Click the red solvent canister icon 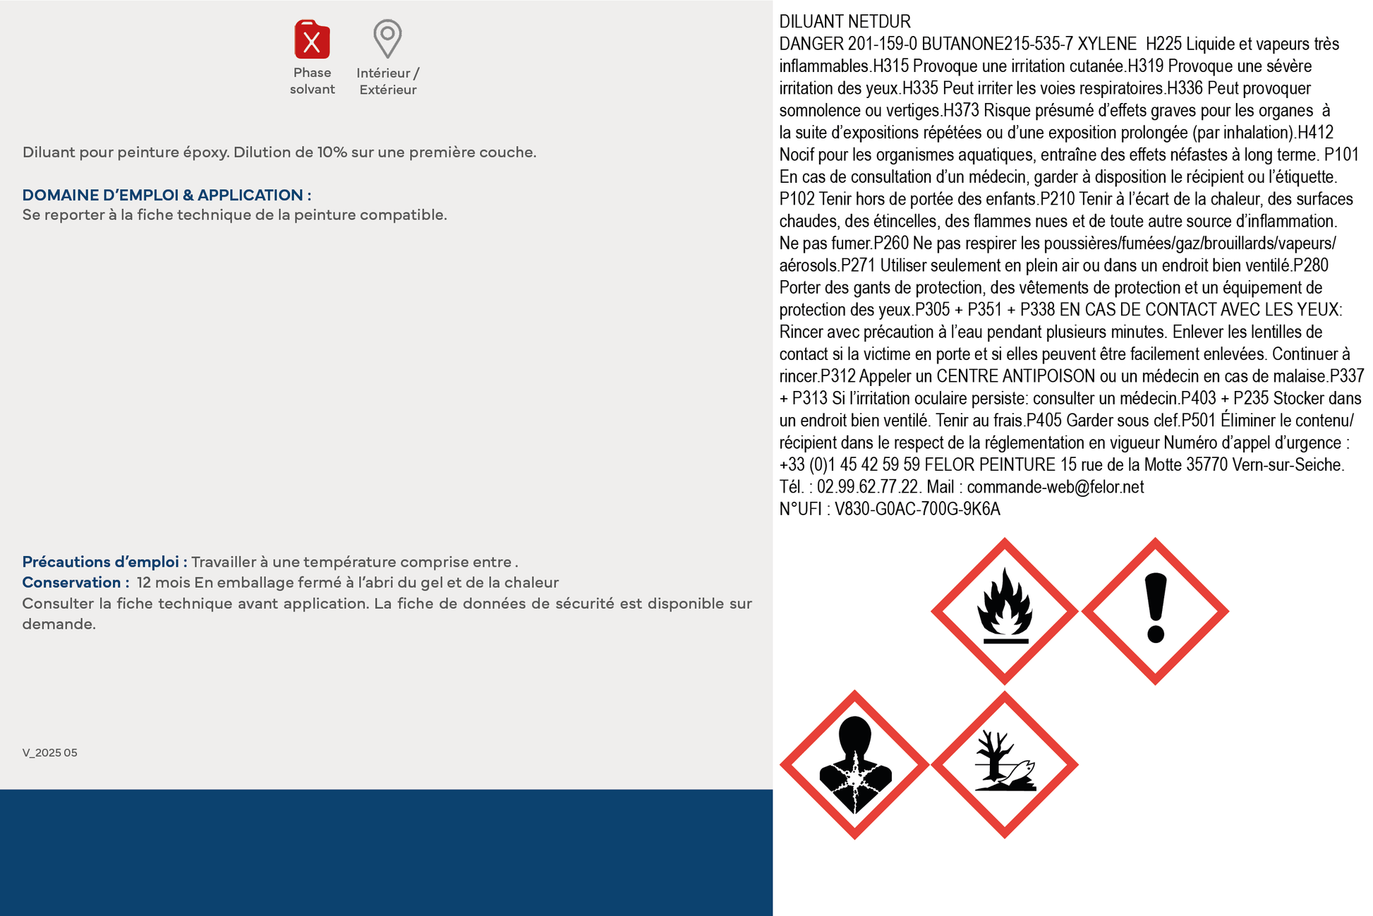click(x=312, y=40)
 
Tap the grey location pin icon click(x=387, y=37)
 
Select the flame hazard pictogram click(x=1004, y=611)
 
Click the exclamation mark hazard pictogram click(x=1155, y=611)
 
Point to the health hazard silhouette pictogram click(x=854, y=764)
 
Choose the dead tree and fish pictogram click(x=1004, y=764)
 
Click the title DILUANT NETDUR click(x=845, y=22)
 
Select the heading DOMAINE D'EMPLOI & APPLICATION click(x=167, y=195)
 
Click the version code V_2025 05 click(x=50, y=753)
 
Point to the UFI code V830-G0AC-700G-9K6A click(x=917, y=509)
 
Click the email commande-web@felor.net click(x=1055, y=487)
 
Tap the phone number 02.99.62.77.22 click(x=868, y=487)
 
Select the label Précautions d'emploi click(x=104, y=562)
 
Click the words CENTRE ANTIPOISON click(x=1015, y=376)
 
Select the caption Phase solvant click(x=312, y=81)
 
